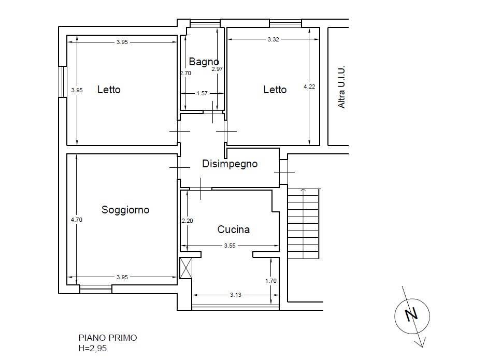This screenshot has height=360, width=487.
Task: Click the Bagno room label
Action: (x=204, y=62)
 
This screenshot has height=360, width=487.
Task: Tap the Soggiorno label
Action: (x=125, y=210)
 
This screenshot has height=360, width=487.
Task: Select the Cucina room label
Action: (x=234, y=229)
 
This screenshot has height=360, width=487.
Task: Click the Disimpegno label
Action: (x=230, y=164)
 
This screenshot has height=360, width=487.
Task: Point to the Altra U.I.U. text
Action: (x=341, y=88)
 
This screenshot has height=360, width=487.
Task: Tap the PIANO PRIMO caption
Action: (x=108, y=338)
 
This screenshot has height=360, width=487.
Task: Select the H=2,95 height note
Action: (x=93, y=348)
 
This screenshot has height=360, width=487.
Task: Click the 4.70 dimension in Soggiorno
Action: (x=76, y=220)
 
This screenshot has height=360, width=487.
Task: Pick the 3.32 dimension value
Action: (x=274, y=39)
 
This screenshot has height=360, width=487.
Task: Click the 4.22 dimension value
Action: (x=309, y=87)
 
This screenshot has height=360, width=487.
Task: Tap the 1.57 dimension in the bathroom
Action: (x=202, y=93)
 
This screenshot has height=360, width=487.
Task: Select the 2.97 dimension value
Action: (x=217, y=69)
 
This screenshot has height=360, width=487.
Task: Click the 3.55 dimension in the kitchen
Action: (x=230, y=246)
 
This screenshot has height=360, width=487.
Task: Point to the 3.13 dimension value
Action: (x=235, y=295)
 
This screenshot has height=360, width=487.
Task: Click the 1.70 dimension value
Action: (x=271, y=281)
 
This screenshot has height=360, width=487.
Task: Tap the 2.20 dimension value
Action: (x=187, y=221)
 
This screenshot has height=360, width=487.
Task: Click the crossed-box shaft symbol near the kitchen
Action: (x=186, y=268)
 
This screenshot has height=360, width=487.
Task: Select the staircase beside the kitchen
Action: (x=304, y=223)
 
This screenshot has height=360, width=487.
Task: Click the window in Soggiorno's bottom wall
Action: (x=96, y=289)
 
